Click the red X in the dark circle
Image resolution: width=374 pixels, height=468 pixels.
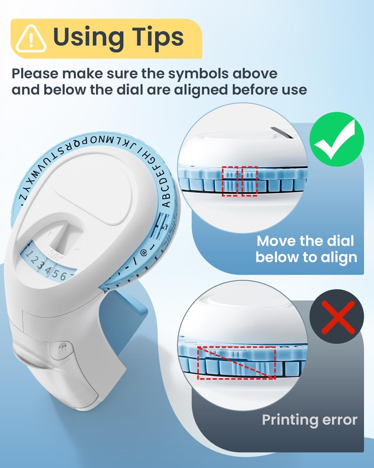337,317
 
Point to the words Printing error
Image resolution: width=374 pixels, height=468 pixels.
309,420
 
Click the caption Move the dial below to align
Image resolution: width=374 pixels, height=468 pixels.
306,249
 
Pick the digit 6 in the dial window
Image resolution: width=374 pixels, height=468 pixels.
63,275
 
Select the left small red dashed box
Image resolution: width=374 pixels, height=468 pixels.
230,181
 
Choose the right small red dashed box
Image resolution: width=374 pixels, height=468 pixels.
250,181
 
